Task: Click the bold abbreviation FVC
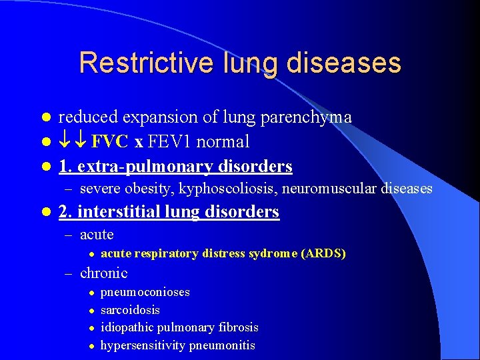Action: pyautogui.click(x=111, y=142)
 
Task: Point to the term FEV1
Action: pyautogui.click(x=173, y=142)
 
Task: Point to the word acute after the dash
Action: pyautogui.click(x=97, y=235)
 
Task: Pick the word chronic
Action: pyautogui.click(x=103, y=273)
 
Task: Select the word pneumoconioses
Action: pyautogui.click(x=145, y=292)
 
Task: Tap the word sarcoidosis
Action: pyautogui.click(x=130, y=310)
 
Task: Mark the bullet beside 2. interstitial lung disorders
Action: pyautogui.click(x=45, y=213)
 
